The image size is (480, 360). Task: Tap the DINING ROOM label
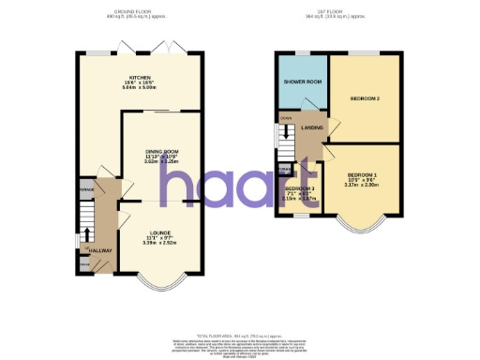coord(160,151)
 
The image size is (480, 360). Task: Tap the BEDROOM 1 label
coord(362,175)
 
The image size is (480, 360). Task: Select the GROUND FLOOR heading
coord(138,11)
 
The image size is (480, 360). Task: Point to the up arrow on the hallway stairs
coord(87,234)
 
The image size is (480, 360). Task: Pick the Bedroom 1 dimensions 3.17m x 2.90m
coord(362,186)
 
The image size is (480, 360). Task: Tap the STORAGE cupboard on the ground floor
coord(86,189)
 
